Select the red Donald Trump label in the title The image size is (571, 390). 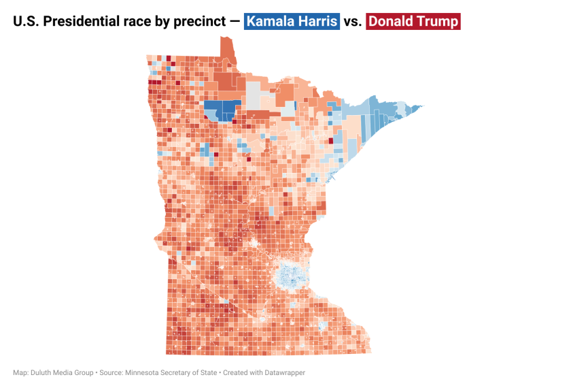pos(413,21)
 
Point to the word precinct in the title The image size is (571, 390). pos(197,21)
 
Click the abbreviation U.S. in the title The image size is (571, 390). pos(25,21)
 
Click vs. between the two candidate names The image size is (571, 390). pos(352,21)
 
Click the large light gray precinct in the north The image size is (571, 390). pos(254,95)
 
